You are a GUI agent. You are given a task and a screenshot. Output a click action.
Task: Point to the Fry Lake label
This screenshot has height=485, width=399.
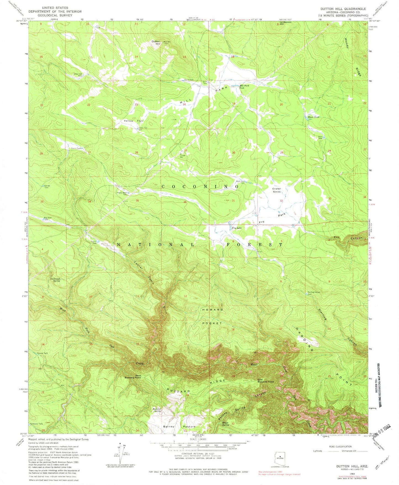[237, 228]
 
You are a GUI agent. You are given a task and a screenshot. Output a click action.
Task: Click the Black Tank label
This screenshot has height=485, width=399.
[313, 117]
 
